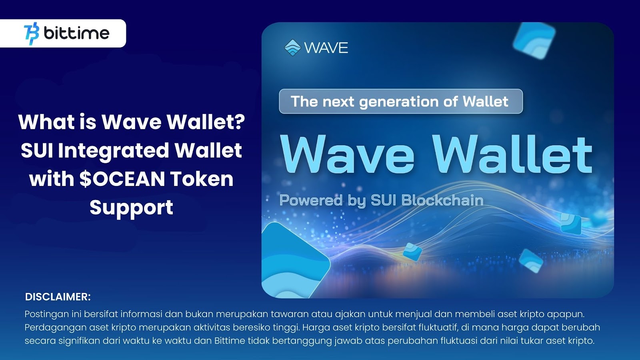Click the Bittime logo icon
(32, 34)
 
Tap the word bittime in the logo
(76, 33)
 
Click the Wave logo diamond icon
(292, 48)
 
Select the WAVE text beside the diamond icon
(326, 48)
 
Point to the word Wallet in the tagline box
(485, 102)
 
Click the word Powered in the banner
(311, 200)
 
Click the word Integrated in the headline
(114, 151)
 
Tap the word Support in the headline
(131, 208)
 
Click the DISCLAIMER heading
(58, 297)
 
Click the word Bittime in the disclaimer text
(230, 341)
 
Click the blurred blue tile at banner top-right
(534, 40)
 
